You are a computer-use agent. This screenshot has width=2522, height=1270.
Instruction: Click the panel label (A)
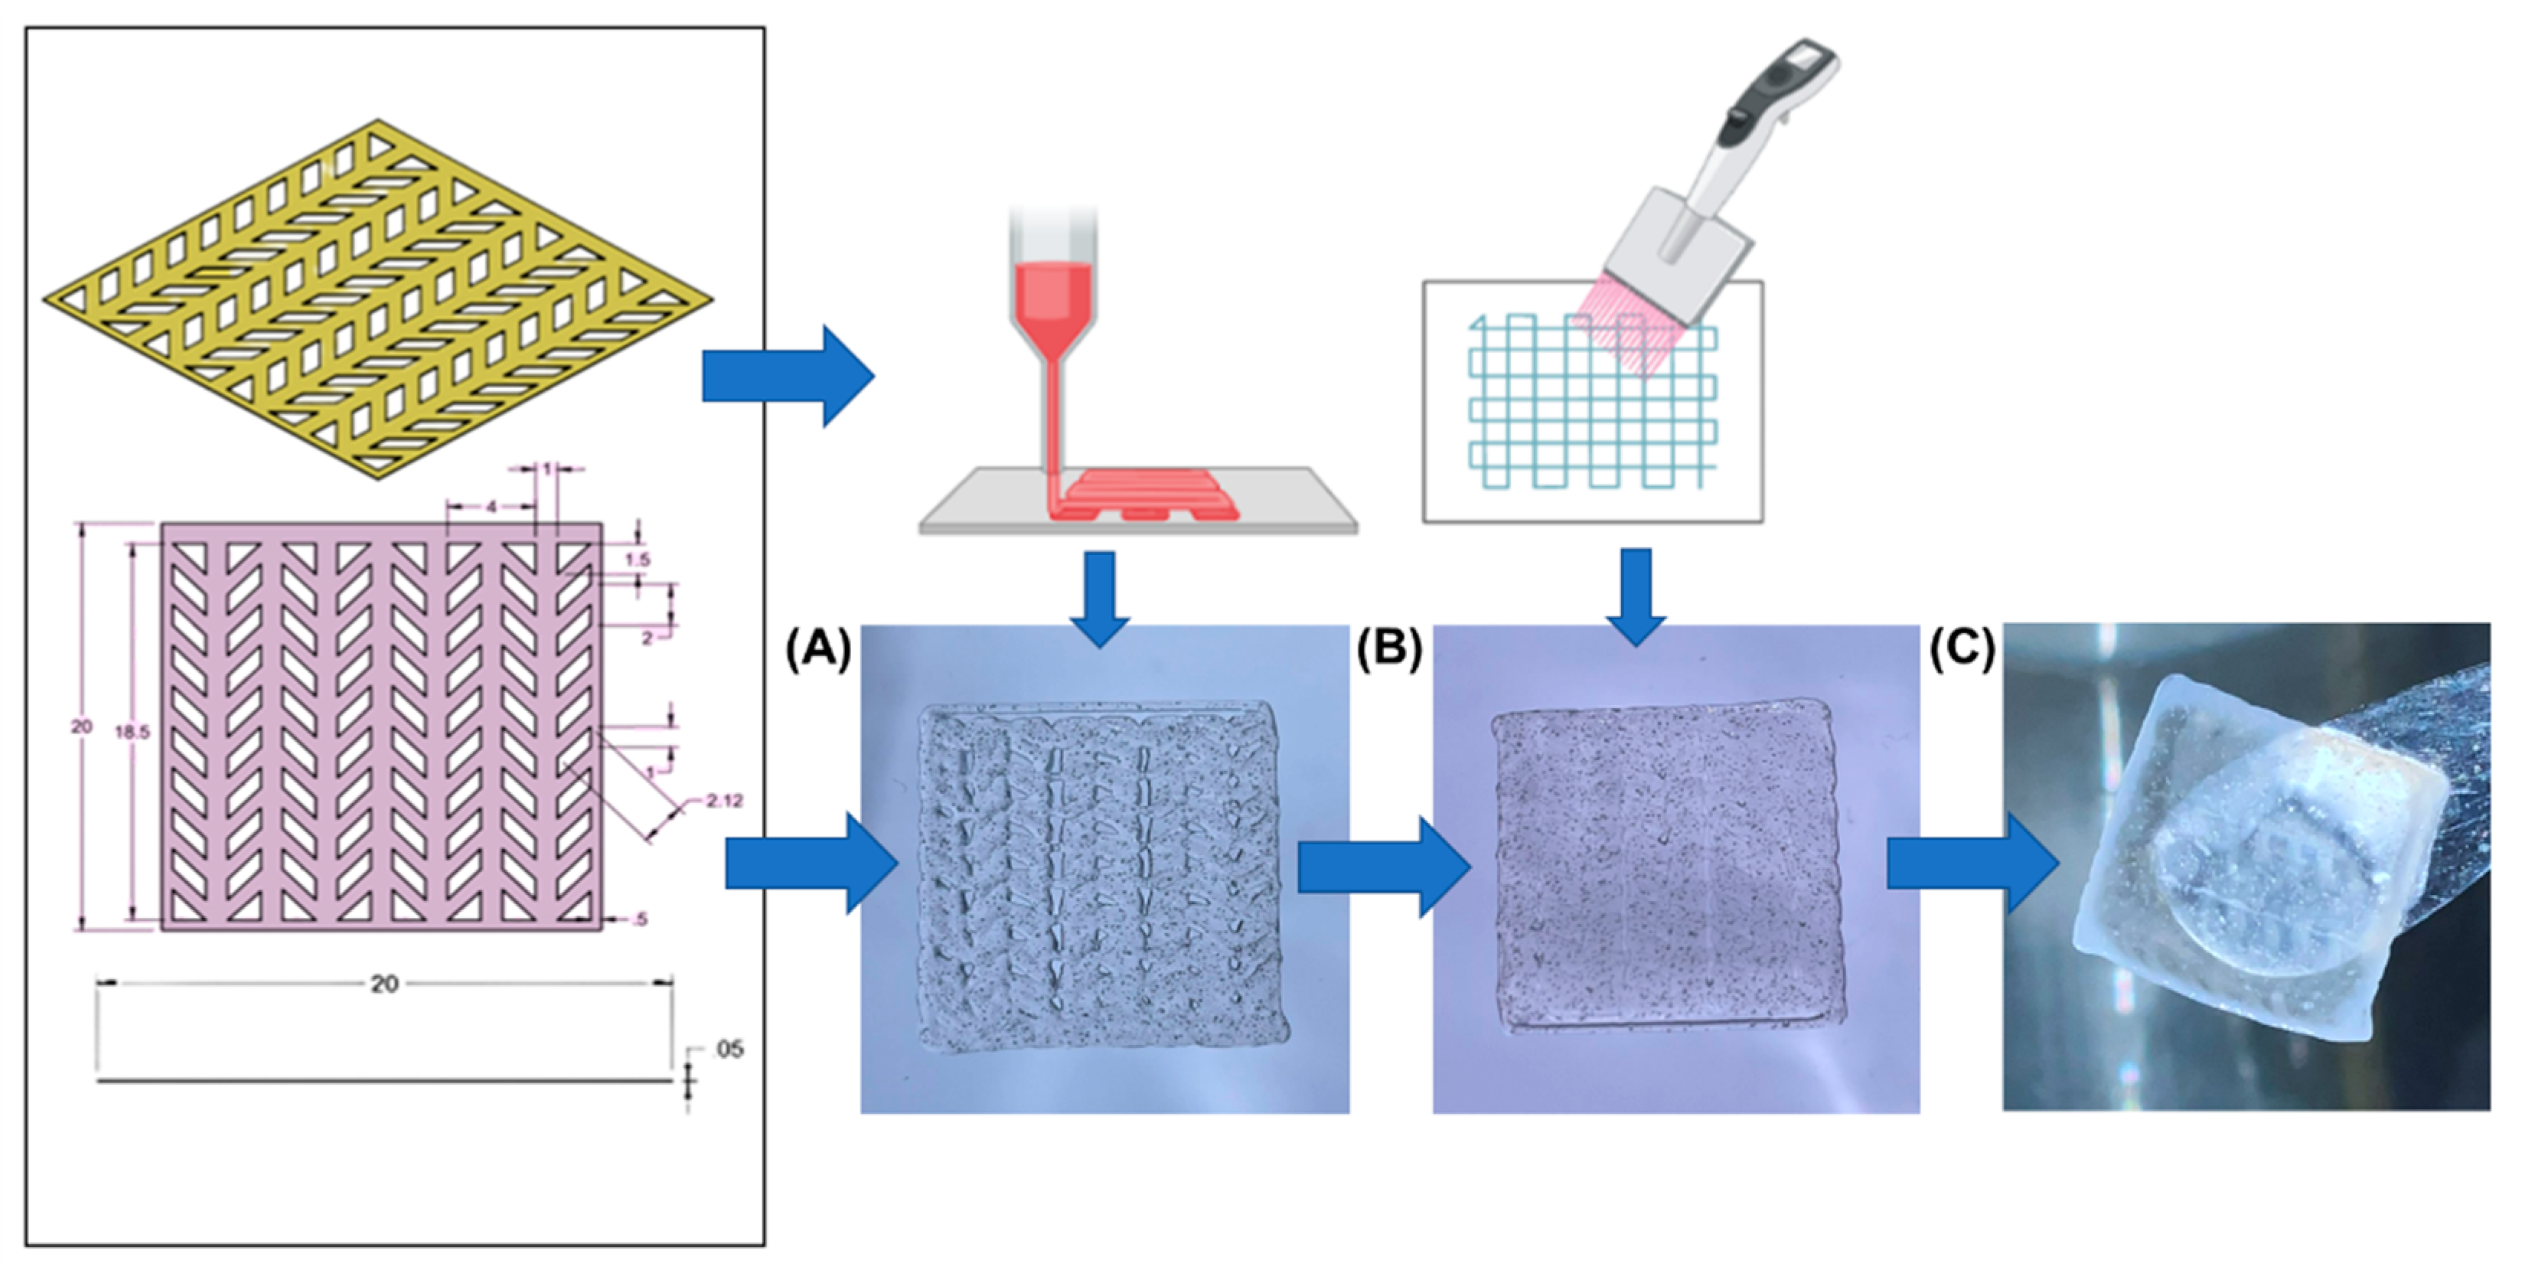click(818, 650)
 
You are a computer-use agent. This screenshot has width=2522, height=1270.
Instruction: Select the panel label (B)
click(1389, 649)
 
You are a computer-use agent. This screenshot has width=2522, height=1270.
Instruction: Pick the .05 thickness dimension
click(729, 1050)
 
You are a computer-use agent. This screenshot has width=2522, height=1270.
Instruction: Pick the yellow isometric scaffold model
click(378, 299)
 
